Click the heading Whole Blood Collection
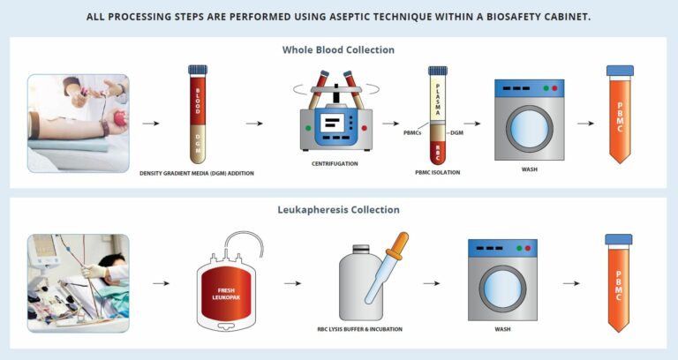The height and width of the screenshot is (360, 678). pyautogui.click(x=338, y=50)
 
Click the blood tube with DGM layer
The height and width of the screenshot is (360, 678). pyautogui.click(x=198, y=115)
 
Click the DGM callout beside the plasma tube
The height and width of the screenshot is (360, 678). pyautogui.click(x=456, y=133)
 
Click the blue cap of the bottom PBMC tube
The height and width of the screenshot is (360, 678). pyautogui.click(x=618, y=239)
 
